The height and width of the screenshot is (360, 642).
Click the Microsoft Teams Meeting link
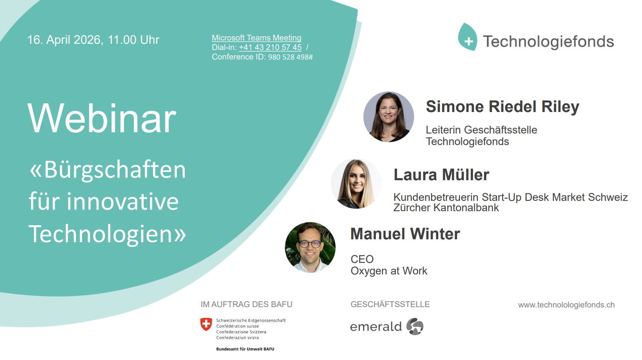click(x=256, y=38)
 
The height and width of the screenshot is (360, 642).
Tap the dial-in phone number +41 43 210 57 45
click(x=270, y=48)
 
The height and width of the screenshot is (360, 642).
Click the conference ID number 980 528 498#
click(x=290, y=57)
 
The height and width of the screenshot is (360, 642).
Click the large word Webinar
click(x=102, y=119)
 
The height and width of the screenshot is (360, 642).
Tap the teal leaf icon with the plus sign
click(x=468, y=37)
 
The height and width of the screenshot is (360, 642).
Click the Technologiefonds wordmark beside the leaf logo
click(x=548, y=42)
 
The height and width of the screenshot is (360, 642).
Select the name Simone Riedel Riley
click(x=502, y=106)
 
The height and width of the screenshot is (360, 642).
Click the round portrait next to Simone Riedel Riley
click(x=389, y=117)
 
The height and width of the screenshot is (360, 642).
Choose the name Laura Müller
click(x=441, y=175)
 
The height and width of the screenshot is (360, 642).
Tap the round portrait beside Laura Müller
click(x=356, y=184)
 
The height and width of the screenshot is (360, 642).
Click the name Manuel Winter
click(x=405, y=234)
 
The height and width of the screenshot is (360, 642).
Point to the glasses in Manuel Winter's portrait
click(x=310, y=244)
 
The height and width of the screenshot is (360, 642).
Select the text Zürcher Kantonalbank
click(x=446, y=207)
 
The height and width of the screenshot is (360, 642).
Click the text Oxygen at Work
click(x=389, y=271)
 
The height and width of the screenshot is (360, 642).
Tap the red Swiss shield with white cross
click(x=206, y=324)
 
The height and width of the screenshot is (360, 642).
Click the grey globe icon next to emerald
click(x=415, y=327)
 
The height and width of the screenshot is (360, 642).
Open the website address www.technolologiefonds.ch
click(x=566, y=305)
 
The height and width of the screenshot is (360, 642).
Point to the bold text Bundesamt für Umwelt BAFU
click(x=245, y=349)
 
